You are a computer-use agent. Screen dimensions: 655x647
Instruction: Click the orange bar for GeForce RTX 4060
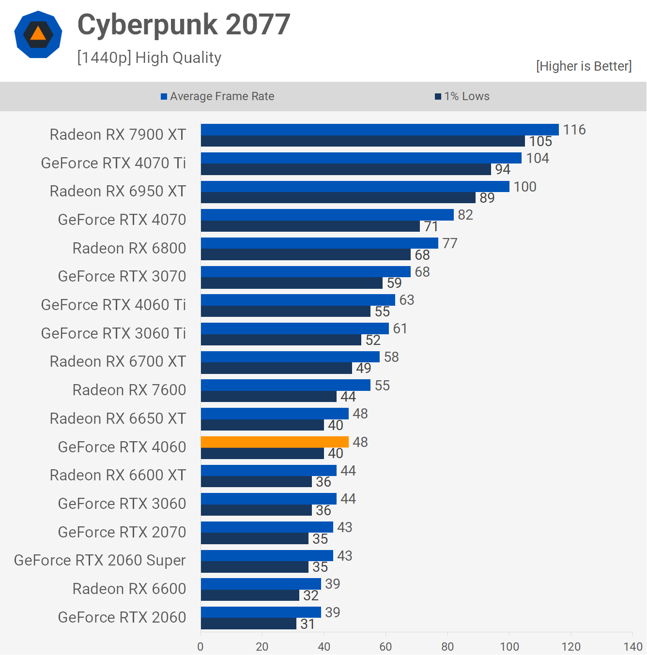point(275,442)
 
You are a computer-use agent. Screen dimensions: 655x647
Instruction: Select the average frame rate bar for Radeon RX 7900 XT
point(380,130)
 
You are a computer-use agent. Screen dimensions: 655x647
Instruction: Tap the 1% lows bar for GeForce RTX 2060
point(248,624)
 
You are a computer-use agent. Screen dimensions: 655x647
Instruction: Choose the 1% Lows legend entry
point(462,96)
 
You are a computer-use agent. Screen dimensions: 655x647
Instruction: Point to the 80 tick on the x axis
point(447,646)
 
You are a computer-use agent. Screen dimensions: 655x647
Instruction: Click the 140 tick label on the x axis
point(633,646)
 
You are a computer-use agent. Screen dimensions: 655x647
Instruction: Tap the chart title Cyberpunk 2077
point(184,25)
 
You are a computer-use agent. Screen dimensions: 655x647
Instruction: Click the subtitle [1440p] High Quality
point(149,58)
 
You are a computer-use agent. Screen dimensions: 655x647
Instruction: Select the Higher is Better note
point(584,66)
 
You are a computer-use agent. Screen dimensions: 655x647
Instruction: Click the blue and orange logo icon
point(38,34)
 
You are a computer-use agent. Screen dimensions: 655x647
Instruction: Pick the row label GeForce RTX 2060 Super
point(100,560)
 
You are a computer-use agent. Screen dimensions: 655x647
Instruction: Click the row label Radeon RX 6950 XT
point(118,191)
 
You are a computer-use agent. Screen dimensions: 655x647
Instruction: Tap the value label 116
point(574,130)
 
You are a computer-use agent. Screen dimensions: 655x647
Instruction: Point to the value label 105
point(540,141)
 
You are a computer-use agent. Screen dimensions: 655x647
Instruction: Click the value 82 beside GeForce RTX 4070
point(465,215)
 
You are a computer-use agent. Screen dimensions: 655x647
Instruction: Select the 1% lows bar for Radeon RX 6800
point(306,255)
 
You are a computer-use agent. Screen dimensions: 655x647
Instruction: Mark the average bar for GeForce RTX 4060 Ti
point(298,300)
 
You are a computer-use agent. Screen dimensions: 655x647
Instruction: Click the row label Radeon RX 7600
point(129,390)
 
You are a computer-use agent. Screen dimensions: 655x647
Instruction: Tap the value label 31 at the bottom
point(308,624)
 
